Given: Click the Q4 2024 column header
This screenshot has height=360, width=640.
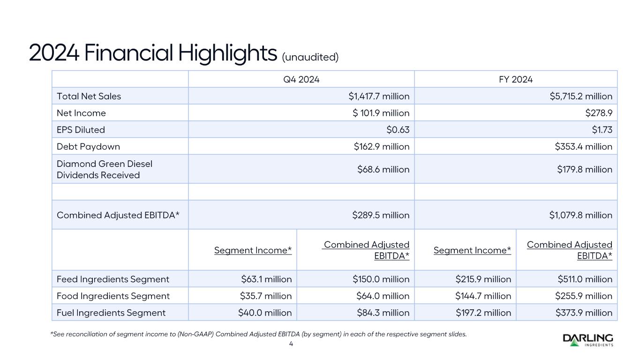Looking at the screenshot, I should (x=301, y=79).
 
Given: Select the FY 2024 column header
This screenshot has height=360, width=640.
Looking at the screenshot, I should (x=516, y=79).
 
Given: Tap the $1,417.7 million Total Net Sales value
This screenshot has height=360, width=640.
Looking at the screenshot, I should (x=379, y=96).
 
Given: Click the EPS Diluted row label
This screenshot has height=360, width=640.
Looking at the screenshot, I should (x=81, y=130).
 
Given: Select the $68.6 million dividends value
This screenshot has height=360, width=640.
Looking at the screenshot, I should (x=383, y=169).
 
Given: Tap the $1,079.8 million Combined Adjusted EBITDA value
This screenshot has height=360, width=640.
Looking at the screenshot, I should (x=580, y=215).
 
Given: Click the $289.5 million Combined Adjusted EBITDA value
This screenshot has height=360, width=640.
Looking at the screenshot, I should (x=381, y=215).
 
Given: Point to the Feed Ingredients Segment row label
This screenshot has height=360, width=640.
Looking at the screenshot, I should (x=113, y=279).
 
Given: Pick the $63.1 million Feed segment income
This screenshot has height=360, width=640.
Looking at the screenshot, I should (x=266, y=279).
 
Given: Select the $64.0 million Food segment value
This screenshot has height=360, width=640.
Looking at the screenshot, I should (x=381, y=296).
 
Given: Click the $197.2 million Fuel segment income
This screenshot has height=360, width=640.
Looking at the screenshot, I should (x=483, y=313).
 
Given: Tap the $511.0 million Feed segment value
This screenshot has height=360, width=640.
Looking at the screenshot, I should (x=585, y=279).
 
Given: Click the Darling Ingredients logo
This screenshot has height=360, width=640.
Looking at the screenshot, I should (x=588, y=339).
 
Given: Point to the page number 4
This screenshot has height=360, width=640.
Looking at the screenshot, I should (x=291, y=344).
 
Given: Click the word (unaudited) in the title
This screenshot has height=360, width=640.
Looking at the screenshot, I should (x=310, y=57).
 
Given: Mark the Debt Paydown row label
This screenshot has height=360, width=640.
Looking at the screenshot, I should (x=88, y=147).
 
